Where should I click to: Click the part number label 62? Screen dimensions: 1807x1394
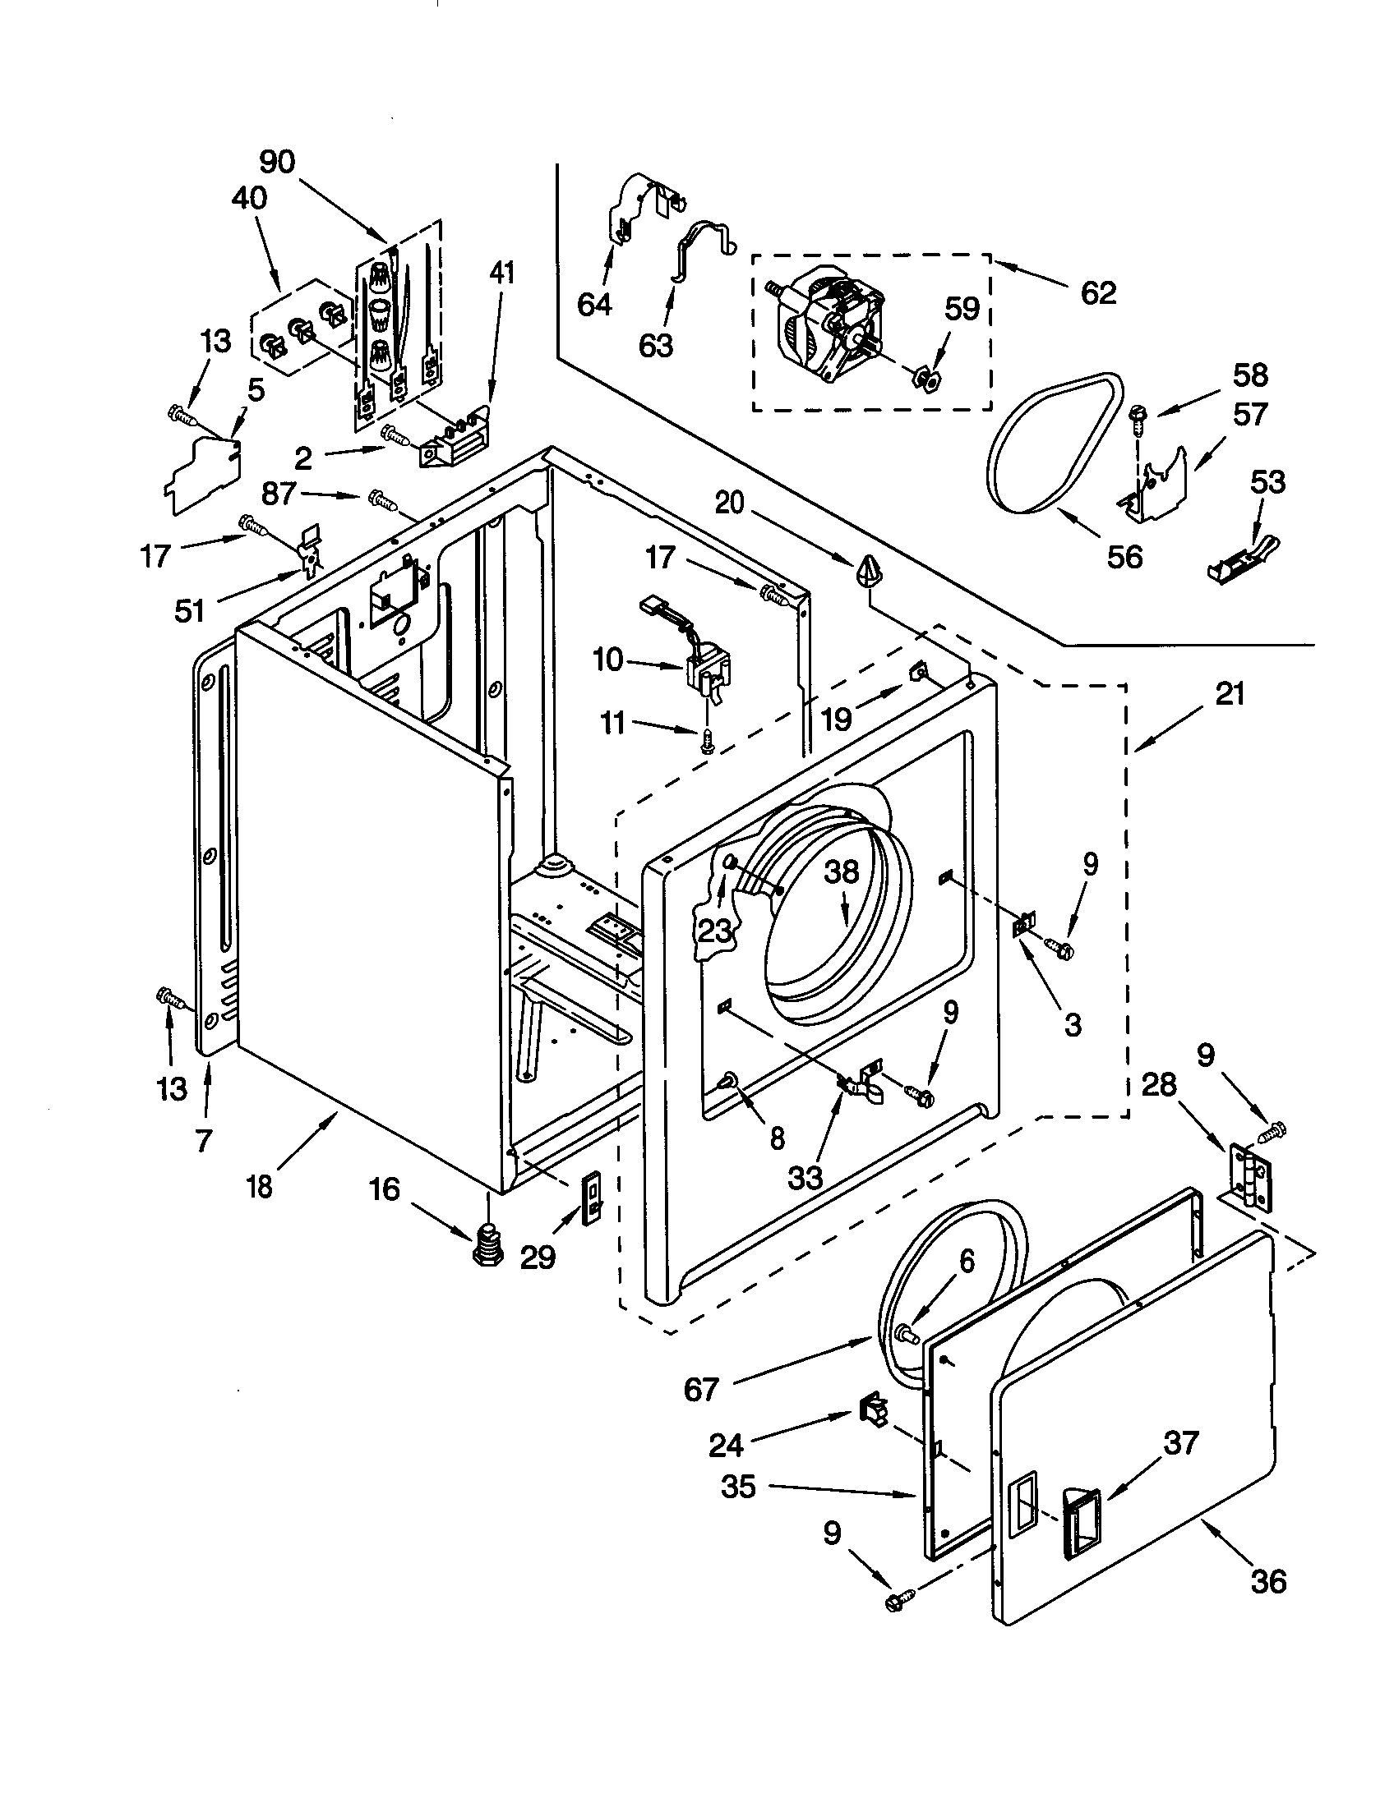(1097, 293)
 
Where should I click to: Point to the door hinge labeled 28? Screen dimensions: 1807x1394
(1249, 1177)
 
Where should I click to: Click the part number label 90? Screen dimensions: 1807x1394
(276, 162)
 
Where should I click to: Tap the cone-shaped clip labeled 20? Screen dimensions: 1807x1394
(865, 570)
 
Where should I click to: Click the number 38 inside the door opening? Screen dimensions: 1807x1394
(841, 873)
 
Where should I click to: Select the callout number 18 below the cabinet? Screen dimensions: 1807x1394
(259, 1187)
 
